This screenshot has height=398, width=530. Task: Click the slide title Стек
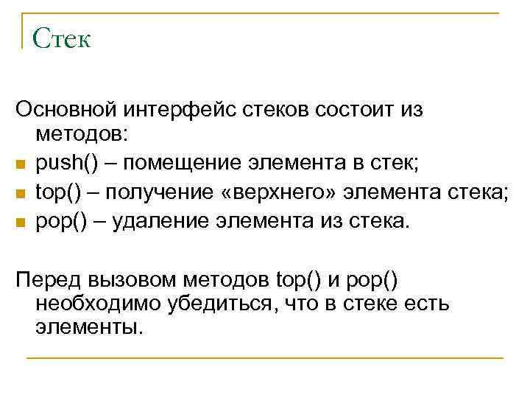point(62,38)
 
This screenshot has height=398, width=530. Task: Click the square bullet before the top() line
point(21,194)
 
